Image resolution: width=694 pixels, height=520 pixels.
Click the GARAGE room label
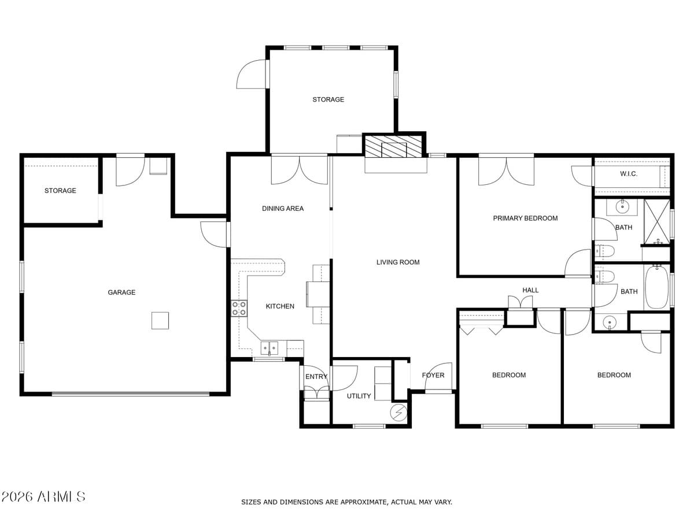121,292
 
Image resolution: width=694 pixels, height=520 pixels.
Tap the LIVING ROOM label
398,262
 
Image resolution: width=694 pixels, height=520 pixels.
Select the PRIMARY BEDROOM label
525,218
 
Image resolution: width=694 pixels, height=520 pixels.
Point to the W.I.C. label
629,174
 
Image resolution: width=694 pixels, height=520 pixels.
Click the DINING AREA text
282,209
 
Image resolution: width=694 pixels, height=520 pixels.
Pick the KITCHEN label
280,306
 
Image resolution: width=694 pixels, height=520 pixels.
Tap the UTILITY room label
359,396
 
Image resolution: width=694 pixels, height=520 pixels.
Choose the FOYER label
433,375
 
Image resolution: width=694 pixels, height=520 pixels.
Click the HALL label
530,290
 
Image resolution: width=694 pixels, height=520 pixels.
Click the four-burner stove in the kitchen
239,308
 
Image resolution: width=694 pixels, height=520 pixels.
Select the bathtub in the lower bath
656,287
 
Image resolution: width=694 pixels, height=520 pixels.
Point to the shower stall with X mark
657,221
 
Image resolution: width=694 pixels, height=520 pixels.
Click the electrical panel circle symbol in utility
398,412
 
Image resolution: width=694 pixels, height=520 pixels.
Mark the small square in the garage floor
160,320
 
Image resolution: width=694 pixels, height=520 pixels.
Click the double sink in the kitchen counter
269,347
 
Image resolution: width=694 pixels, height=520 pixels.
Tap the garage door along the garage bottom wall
131,394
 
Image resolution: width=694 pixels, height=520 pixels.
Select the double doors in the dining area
299,170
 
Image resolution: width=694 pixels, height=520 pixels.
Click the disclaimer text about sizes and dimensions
346,502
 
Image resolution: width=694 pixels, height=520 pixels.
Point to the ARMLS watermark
43,496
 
